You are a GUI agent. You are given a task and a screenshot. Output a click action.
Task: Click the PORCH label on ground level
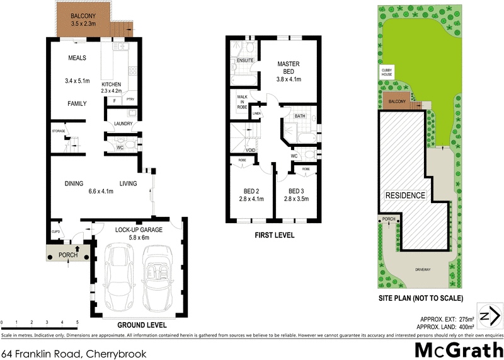pyautogui.click(x=67, y=255)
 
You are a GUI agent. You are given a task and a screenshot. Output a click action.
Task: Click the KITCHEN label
pyautogui.click(x=111, y=84)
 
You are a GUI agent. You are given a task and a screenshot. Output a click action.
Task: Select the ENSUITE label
pyautogui.click(x=244, y=61)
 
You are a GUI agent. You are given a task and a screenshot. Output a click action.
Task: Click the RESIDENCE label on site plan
pyautogui.click(x=404, y=195)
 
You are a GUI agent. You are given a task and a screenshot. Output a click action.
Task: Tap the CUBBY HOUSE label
pyautogui.click(x=386, y=72)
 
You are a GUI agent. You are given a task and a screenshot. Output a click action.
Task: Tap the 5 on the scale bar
pyautogui.click(x=77, y=322)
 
